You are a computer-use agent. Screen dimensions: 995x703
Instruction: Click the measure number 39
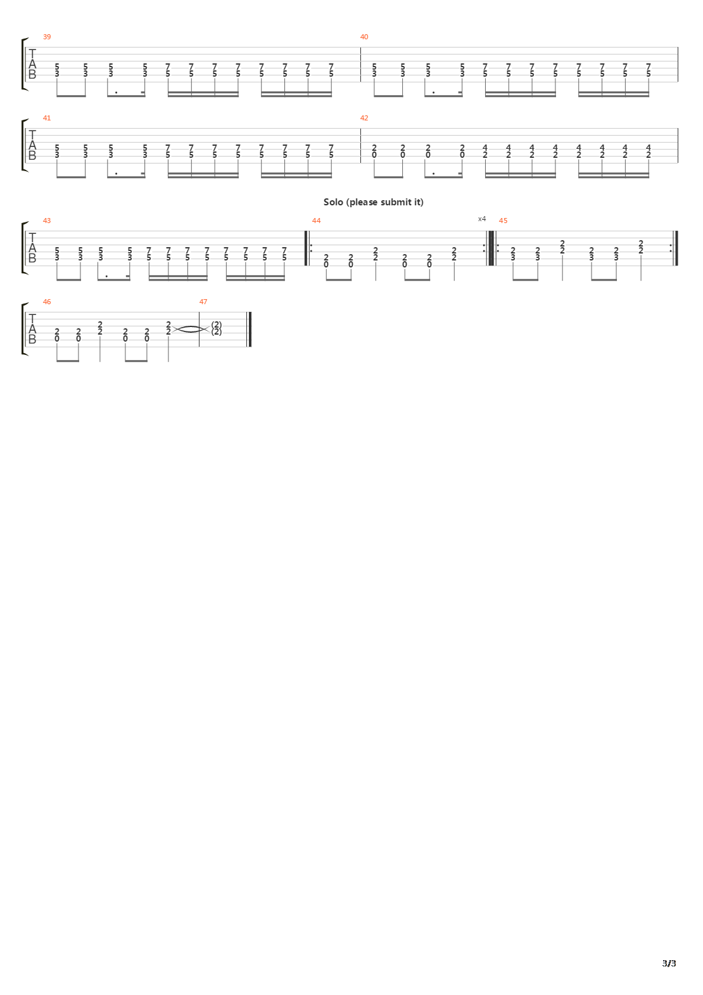(x=47, y=37)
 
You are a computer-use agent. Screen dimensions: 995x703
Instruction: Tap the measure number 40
(x=364, y=37)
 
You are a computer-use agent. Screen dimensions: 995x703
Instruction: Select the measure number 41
(x=47, y=118)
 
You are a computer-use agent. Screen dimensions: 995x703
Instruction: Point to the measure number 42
(x=364, y=118)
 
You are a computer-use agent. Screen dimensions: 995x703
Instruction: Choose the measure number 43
(x=47, y=221)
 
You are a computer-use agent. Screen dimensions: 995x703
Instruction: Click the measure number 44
(x=317, y=221)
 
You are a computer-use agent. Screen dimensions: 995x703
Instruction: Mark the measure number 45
(x=503, y=221)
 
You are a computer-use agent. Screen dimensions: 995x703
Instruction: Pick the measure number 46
(x=47, y=302)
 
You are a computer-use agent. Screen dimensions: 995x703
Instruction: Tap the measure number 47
(x=203, y=302)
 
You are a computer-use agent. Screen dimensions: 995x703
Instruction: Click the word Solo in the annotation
(x=332, y=202)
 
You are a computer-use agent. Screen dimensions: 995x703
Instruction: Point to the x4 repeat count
(x=482, y=219)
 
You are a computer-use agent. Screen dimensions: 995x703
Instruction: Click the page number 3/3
(x=669, y=963)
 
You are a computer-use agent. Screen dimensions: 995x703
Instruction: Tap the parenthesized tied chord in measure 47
(x=217, y=328)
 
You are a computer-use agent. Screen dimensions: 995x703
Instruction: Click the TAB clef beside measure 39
(x=32, y=65)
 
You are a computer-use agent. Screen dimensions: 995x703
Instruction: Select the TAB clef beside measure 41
(x=32, y=146)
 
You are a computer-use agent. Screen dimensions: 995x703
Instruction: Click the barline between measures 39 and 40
(x=360, y=65)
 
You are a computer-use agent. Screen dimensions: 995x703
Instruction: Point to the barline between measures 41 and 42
(x=360, y=146)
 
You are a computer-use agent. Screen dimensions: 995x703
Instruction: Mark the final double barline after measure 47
(x=251, y=330)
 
